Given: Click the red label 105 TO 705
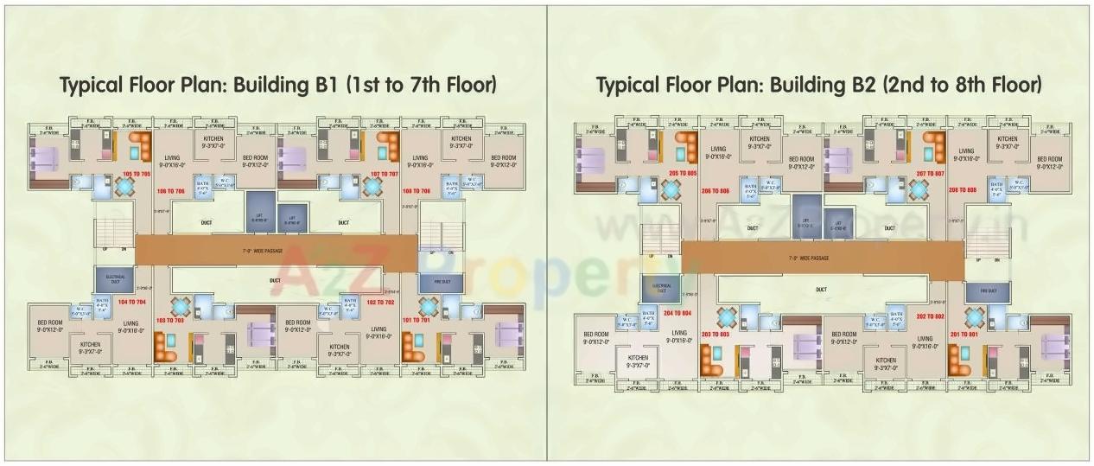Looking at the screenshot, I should (137, 174).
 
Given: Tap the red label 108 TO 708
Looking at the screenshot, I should (417, 190).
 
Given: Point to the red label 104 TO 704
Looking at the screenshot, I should (132, 302).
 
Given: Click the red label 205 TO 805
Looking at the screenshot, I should (683, 174).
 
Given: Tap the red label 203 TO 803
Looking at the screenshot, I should (716, 335).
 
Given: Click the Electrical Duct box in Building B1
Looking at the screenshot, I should (115, 278).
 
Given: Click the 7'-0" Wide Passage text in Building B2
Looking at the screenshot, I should (809, 259).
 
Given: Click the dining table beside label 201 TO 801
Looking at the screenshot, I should (975, 316).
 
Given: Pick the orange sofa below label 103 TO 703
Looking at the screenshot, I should (165, 345).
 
